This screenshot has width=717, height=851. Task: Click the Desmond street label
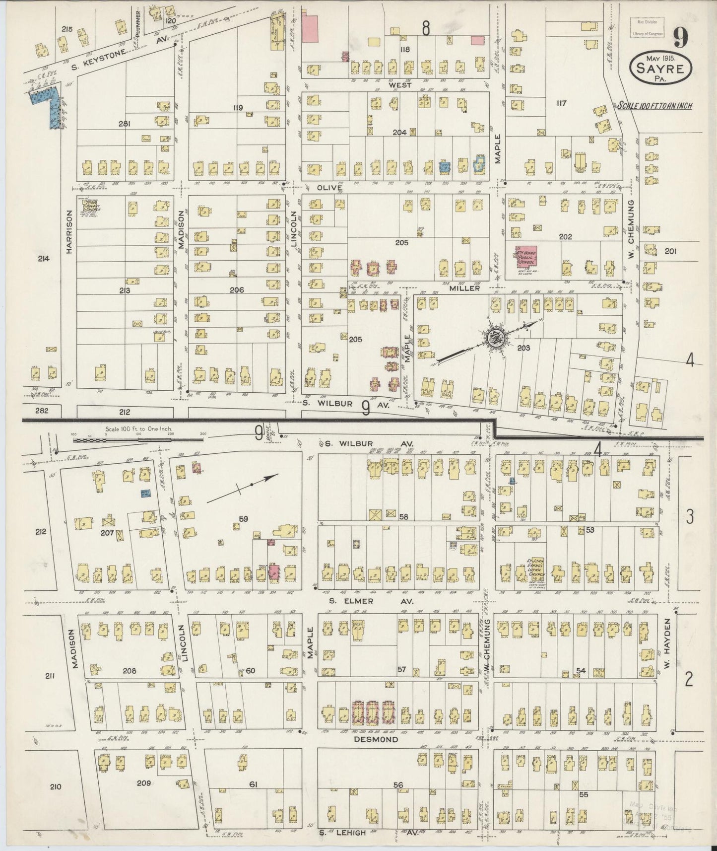376,739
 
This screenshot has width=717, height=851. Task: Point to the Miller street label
464,288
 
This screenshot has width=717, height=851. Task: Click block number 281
124,124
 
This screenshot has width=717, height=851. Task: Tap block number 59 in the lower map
243,519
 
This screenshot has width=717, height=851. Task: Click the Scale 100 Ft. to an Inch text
654,106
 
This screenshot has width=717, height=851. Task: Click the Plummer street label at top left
139,20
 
